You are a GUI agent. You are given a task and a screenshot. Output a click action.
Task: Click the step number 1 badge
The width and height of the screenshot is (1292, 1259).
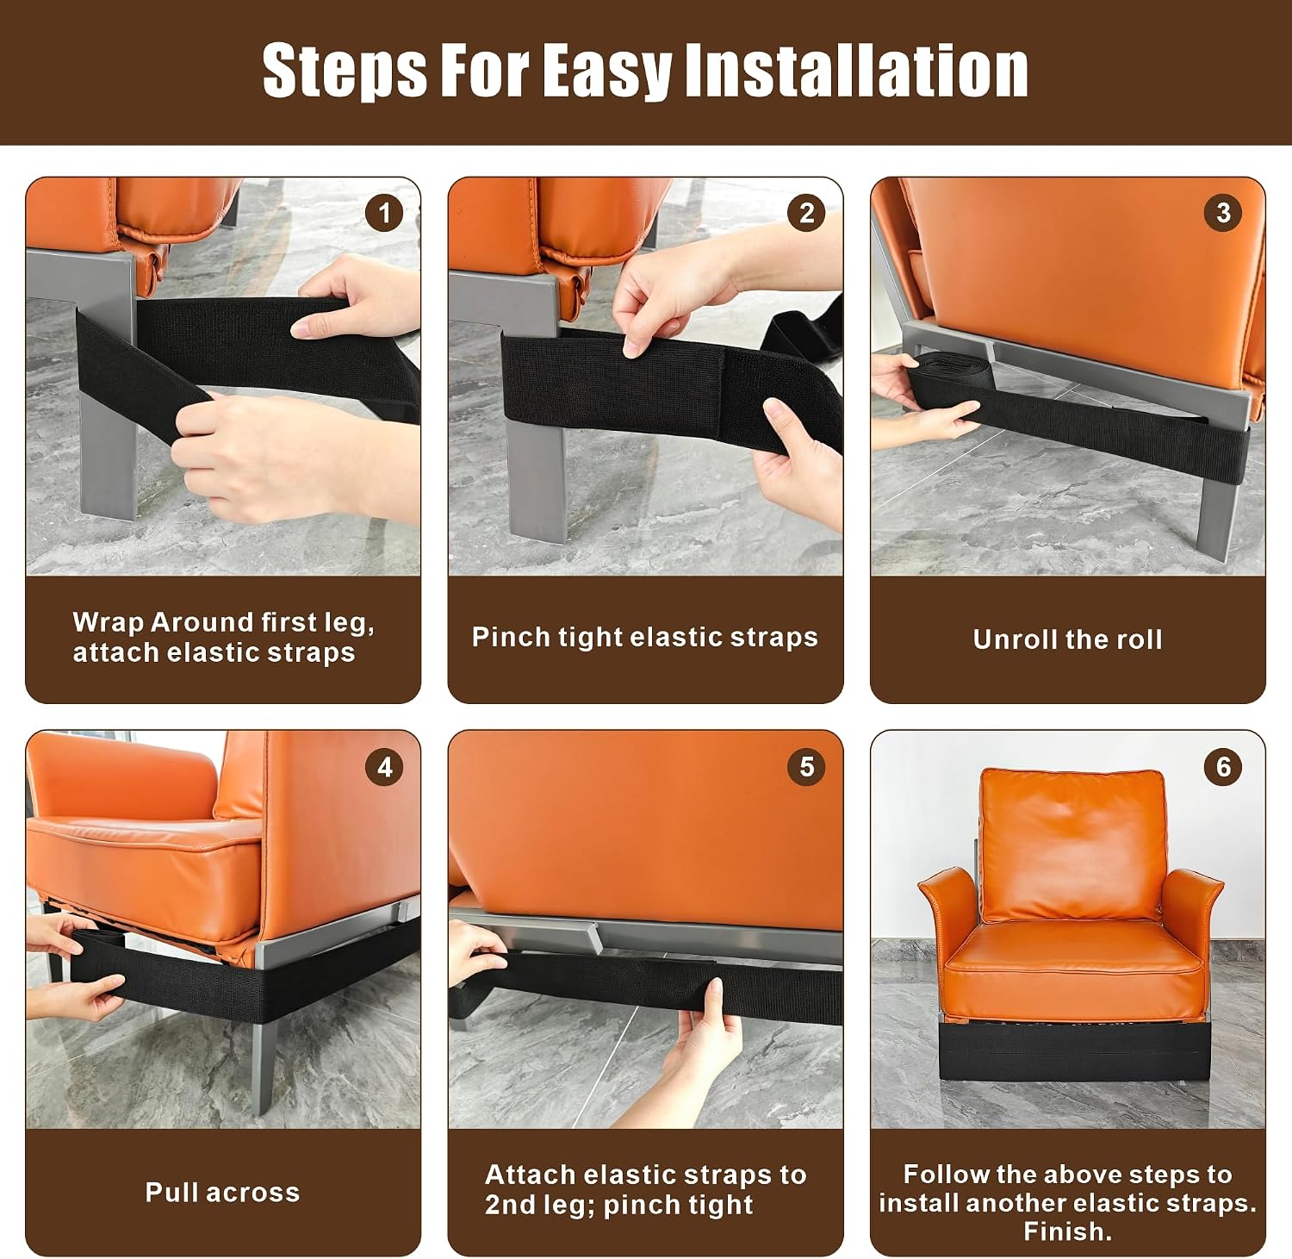384,213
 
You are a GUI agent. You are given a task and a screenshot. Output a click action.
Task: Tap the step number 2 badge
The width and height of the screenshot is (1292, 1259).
806,213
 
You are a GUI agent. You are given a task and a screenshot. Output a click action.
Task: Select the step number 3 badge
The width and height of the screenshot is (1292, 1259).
1223,213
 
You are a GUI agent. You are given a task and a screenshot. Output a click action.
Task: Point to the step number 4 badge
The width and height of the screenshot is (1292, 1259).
384,767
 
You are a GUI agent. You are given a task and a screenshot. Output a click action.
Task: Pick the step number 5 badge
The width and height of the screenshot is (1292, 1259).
806,767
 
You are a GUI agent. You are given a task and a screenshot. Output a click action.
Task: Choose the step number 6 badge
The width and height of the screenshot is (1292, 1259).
1223,767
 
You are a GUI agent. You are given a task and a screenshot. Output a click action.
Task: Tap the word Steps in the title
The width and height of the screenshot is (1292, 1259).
345,71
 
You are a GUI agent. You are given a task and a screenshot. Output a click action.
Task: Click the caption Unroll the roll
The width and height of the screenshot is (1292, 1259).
1067,639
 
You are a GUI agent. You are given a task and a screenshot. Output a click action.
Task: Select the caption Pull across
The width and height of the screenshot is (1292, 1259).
222,1192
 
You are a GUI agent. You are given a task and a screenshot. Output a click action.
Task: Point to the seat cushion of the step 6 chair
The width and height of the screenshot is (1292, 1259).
1072,969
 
